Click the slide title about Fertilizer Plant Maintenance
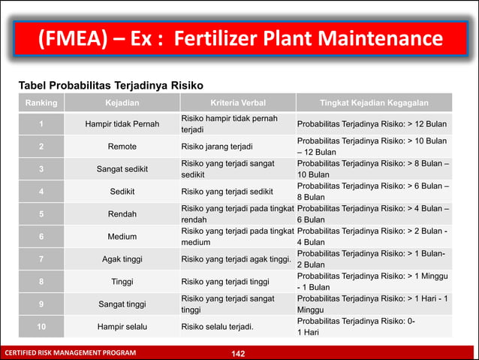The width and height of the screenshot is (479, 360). (239, 38)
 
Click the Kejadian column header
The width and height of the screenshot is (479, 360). (122, 101)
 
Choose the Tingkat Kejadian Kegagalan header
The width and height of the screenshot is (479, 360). (374, 101)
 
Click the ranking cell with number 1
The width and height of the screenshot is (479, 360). (41, 124)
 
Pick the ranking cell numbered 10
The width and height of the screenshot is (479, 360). (41, 327)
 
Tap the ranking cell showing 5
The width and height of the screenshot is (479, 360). (41, 214)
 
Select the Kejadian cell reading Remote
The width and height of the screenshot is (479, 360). (122, 147)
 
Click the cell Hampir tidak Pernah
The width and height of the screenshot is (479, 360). (122, 124)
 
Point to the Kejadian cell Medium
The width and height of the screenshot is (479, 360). (122, 237)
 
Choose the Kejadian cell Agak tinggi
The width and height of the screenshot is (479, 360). (122, 259)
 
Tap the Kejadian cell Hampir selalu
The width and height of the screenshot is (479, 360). (122, 327)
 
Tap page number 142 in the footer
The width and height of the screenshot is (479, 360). (239, 352)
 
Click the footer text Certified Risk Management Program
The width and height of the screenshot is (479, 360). (71, 352)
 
